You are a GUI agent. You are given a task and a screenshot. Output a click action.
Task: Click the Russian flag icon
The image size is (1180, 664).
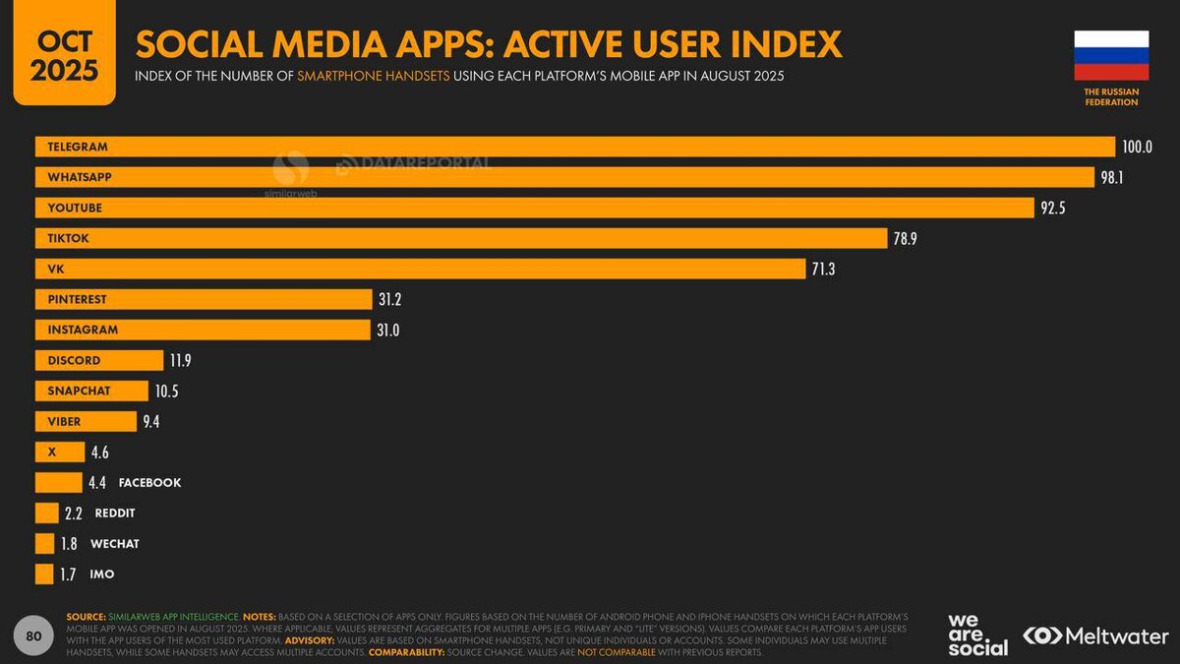point(1111,55)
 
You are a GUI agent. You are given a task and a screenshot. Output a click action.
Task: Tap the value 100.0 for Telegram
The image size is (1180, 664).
point(1137,148)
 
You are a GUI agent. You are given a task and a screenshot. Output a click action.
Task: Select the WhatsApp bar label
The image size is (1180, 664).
point(80,177)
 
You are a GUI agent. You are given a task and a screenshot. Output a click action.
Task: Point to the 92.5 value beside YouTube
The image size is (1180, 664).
point(1053,209)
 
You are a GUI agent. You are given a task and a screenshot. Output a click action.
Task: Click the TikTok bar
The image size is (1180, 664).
point(461,238)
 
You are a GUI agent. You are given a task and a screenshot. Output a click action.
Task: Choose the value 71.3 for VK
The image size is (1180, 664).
point(823,270)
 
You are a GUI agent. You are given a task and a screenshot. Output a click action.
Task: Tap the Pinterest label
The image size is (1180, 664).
point(77,299)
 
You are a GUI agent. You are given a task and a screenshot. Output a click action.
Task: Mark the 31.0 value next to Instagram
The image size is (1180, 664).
point(387,331)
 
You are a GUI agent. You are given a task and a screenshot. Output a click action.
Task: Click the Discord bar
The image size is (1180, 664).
point(98,360)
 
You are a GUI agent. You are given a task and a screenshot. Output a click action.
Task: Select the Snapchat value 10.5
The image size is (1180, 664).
point(166,392)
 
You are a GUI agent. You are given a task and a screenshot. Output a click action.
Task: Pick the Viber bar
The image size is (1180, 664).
point(86,421)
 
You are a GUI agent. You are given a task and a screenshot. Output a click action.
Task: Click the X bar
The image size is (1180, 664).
point(60,453)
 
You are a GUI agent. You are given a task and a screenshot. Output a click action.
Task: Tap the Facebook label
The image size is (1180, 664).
point(149,483)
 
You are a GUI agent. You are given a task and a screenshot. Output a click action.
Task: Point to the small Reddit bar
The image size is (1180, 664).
point(47,513)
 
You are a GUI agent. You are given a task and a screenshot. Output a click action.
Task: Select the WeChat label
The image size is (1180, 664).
point(115,544)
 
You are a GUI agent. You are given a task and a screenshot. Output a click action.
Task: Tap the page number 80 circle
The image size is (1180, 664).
point(33,636)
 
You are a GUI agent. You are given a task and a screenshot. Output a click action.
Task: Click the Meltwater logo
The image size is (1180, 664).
point(1095,636)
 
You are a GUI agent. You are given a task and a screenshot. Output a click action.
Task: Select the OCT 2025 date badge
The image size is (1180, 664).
point(64,54)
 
